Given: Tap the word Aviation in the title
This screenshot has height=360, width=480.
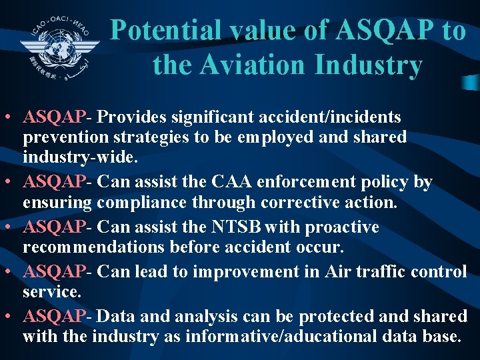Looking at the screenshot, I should [x=257, y=65].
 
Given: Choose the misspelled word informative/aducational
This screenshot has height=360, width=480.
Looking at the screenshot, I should [x=290, y=336].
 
